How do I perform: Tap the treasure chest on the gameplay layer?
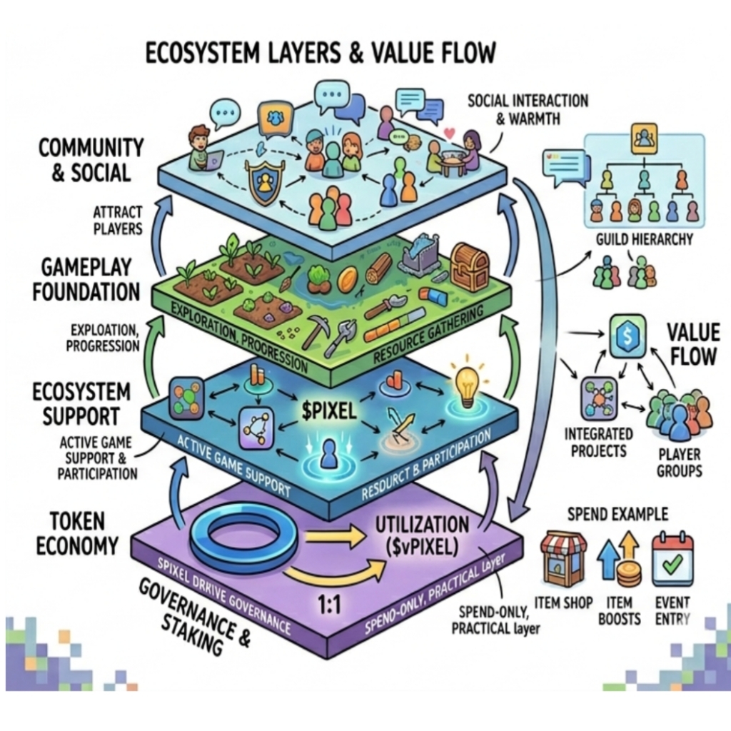click(470, 267)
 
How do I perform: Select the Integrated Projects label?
click(598, 442)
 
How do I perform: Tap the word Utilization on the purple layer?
click(422, 525)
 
